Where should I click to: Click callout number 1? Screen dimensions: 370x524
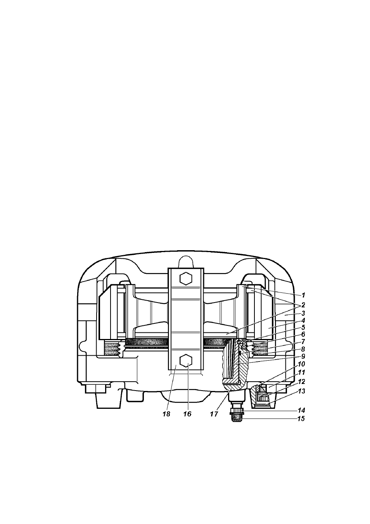(x=304, y=295)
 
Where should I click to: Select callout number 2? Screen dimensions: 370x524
(x=303, y=305)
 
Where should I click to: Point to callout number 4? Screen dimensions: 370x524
(x=303, y=320)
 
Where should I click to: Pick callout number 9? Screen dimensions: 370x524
(x=303, y=356)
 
